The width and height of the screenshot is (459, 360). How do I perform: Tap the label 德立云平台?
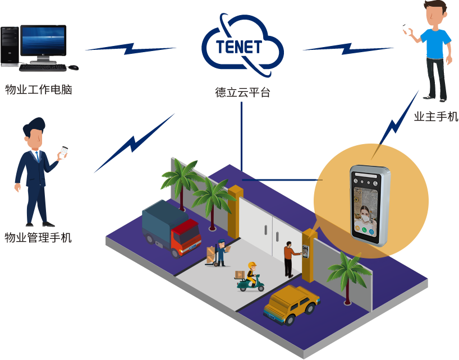click(x=243, y=93)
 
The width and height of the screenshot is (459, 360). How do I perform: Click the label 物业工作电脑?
click(x=39, y=89)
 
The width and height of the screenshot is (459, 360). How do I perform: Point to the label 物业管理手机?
click(x=38, y=237)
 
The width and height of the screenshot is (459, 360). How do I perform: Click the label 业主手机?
click(x=435, y=117)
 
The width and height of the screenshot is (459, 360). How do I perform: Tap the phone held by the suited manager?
click(x=64, y=151)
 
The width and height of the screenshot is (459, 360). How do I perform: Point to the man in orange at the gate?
click(x=289, y=258)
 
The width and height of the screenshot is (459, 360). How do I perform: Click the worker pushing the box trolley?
click(x=221, y=252)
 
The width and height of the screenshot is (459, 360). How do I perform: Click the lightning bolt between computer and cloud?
click(x=131, y=49)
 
